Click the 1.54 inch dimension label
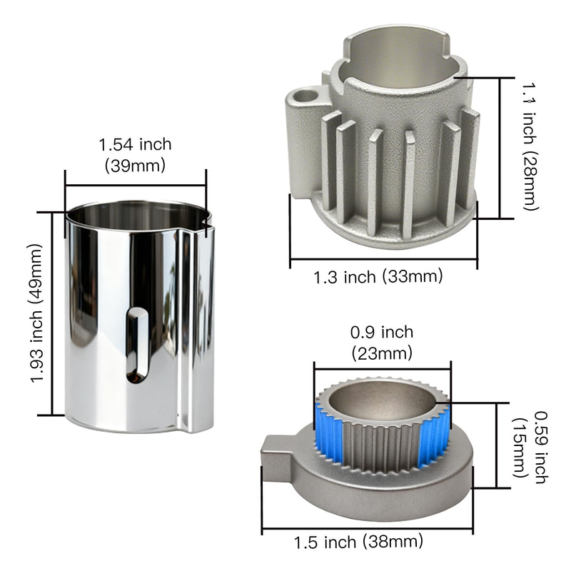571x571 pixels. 135,144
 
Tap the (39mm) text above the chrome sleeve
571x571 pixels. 135,166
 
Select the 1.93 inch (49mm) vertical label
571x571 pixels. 36,313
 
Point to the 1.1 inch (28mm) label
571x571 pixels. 530,146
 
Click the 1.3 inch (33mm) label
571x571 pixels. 378,277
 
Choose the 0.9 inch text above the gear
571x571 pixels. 382,332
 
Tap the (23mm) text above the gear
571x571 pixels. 382,353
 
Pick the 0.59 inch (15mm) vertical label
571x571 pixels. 530,448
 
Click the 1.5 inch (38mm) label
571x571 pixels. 358,542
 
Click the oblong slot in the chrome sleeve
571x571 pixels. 137,345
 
